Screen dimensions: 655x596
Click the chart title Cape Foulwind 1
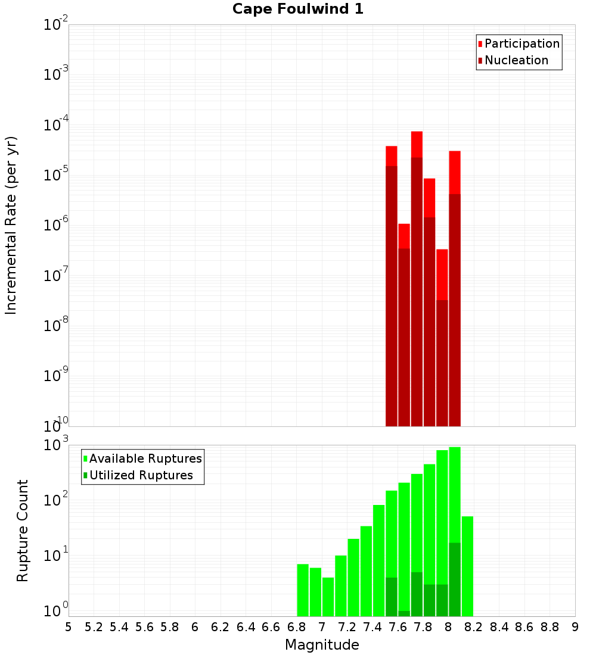pos(298,9)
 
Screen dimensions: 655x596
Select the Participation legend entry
pos(521,43)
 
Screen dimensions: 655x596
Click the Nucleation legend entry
pos(516,60)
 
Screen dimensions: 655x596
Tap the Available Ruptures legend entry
pos(145,458)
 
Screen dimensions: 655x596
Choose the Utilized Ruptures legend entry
pos(141,475)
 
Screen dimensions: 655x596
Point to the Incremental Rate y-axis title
pos(11,225)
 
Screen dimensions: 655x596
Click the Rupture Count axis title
pos(23,530)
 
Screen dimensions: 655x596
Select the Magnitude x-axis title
pos(322,645)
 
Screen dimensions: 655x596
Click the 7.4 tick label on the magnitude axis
pos(372,627)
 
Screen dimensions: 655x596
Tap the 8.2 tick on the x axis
pos(474,627)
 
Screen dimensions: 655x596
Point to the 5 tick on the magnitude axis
pos(69,627)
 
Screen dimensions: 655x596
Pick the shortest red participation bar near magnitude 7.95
pos(442,274)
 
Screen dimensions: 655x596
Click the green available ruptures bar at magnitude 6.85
pos(303,589)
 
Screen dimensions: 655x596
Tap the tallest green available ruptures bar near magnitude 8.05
pos(455,494)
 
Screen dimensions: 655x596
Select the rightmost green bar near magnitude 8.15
pos(467,566)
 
